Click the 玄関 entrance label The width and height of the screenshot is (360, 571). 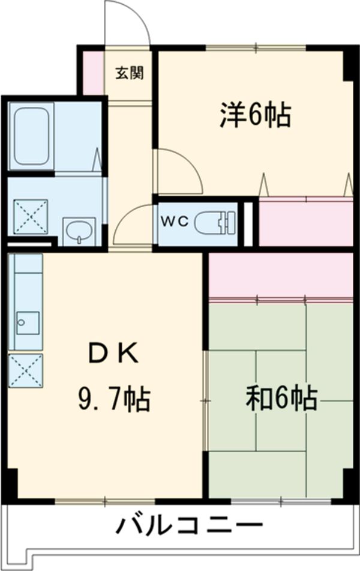[x=129, y=73]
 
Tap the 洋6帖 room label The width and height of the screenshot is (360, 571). [x=255, y=115]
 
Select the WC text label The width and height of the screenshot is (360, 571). [x=175, y=221]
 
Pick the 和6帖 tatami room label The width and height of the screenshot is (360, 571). [x=281, y=397]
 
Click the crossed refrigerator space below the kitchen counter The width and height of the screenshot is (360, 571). [x=26, y=370]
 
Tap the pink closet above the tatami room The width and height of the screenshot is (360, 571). [x=280, y=275]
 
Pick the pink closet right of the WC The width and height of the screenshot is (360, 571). [x=305, y=223]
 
